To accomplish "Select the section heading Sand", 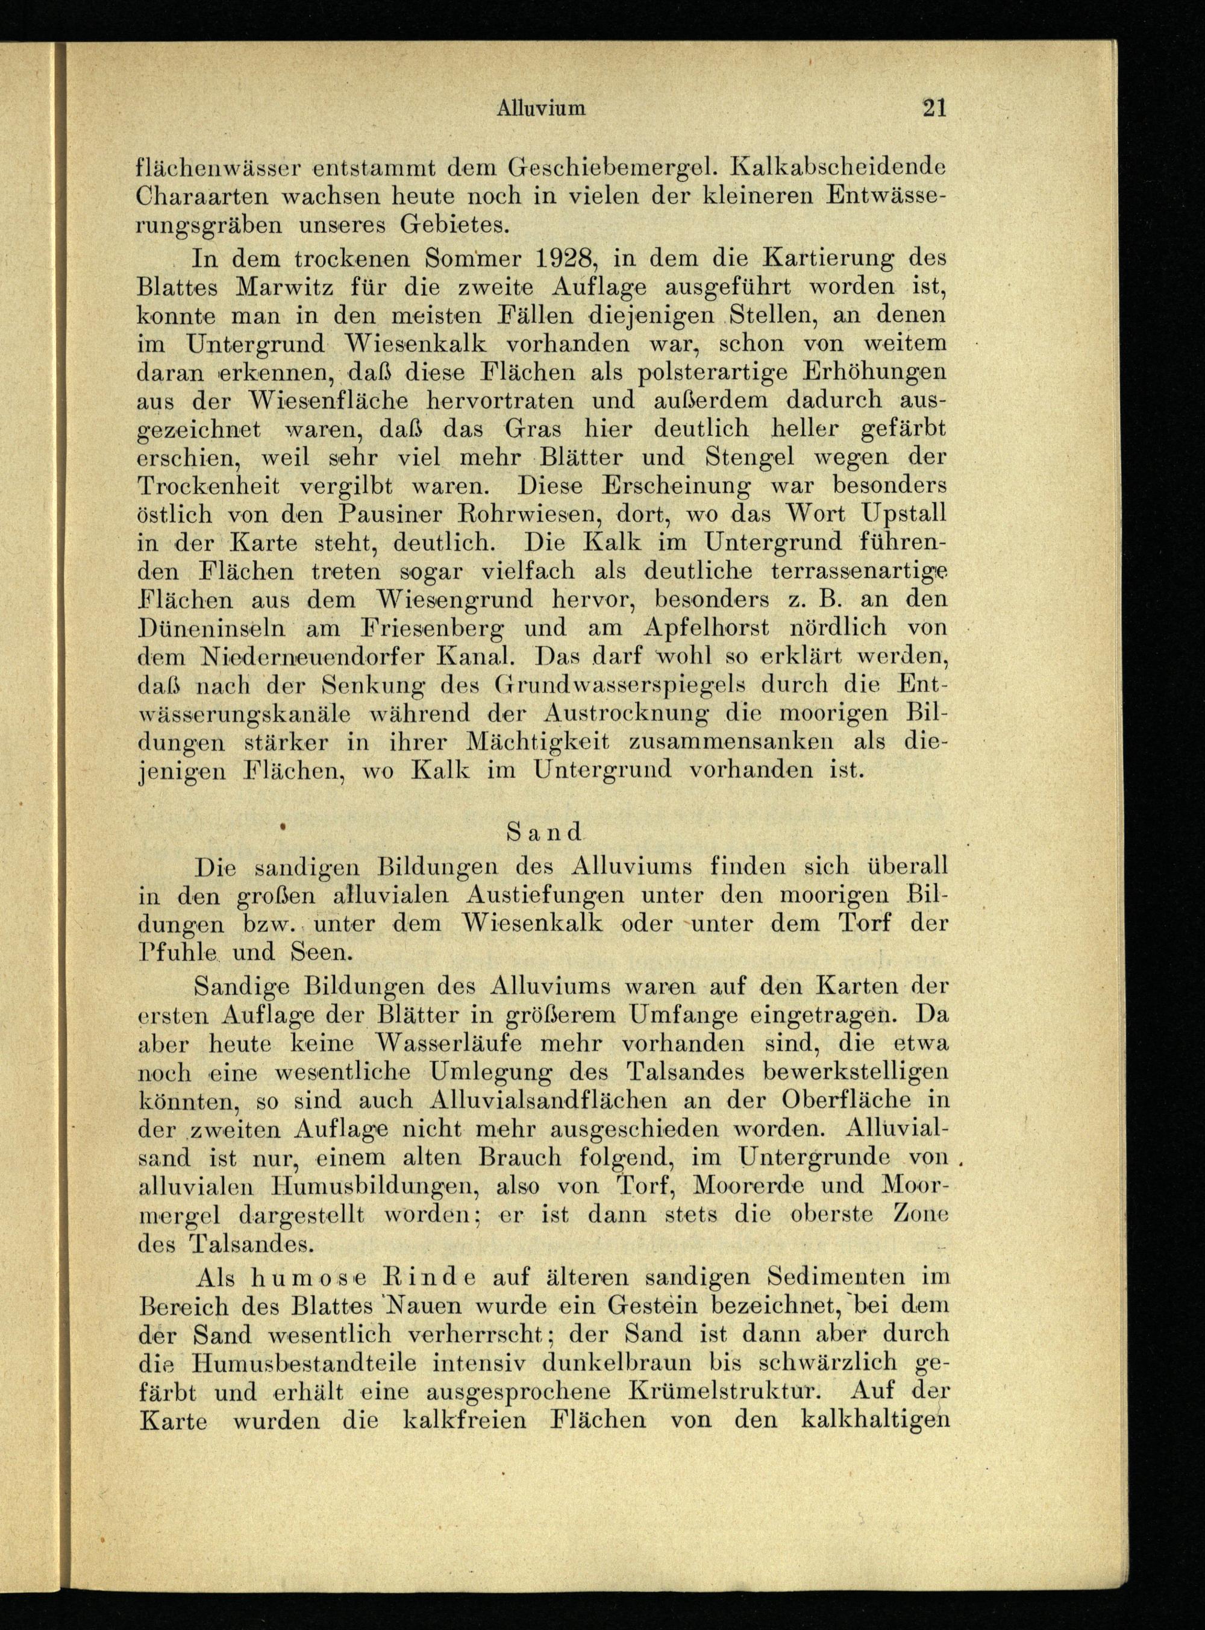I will point(544,831).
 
